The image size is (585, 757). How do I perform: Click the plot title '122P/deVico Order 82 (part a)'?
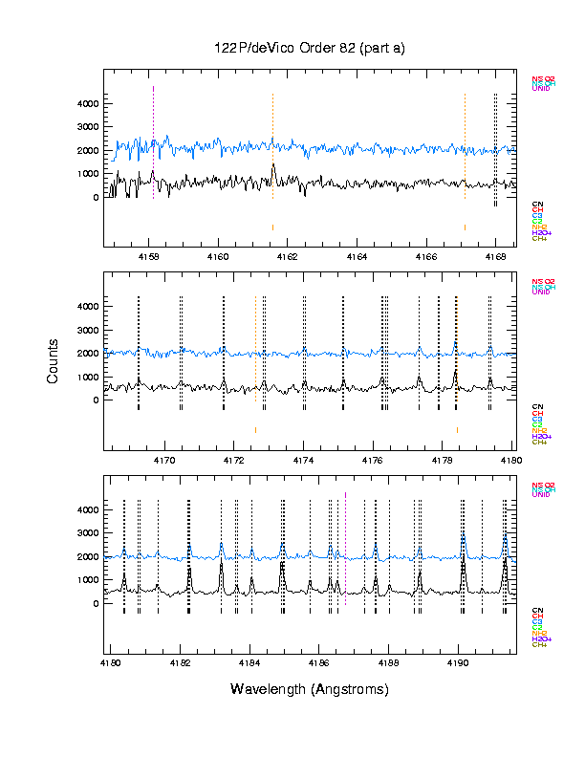[310, 49]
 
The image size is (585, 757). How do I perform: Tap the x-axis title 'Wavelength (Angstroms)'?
[310, 689]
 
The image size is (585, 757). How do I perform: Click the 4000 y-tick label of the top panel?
[88, 103]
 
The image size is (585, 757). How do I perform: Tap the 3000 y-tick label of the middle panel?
[88, 330]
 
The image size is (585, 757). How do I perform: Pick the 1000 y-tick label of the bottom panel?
[88, 580]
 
